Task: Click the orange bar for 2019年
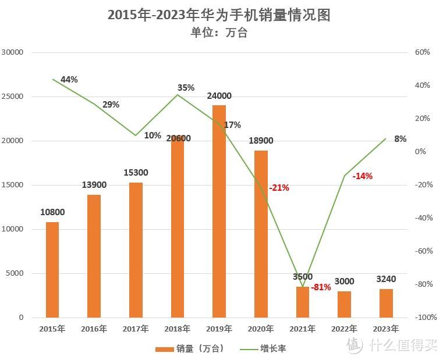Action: tap(219, 211)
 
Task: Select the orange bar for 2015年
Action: tap(52, 269)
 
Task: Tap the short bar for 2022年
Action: tap(344, 304)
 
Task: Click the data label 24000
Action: tap(219, 96)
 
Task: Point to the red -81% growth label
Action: tap(321, 287)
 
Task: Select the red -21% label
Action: tap(279, 188)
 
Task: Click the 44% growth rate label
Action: tap(69, 80)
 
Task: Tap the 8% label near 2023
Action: tap(400, 139)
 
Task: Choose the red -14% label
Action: tap(363, 176)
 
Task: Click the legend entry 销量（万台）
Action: tap(189, 348)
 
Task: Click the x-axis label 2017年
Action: tap(136, 329)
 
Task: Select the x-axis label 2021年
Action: tap(302, 329)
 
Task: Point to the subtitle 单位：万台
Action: tap(219, 33)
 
